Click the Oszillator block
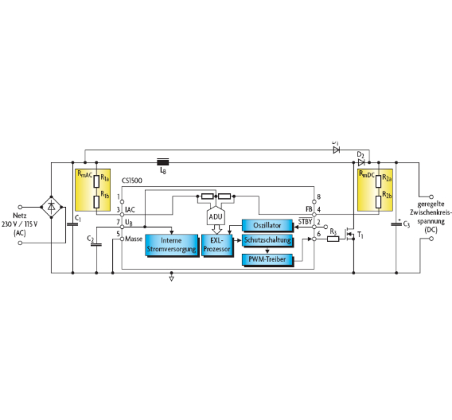point(267,225)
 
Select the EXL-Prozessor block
point(216,245)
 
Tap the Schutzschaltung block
point(267,240)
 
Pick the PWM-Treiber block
point(267,259)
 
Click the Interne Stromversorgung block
point(171,245)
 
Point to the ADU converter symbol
point(215,216)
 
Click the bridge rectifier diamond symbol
point(51,207)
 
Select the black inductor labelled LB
point(163,162)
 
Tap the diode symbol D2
point(361,162)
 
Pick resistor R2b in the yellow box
point(379,202)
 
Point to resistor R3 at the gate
point(333,239)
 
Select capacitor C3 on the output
point(396,224)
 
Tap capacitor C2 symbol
point(96,244)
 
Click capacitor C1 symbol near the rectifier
point(72,224)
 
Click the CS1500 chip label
point(132,181)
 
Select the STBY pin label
point(305,222)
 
